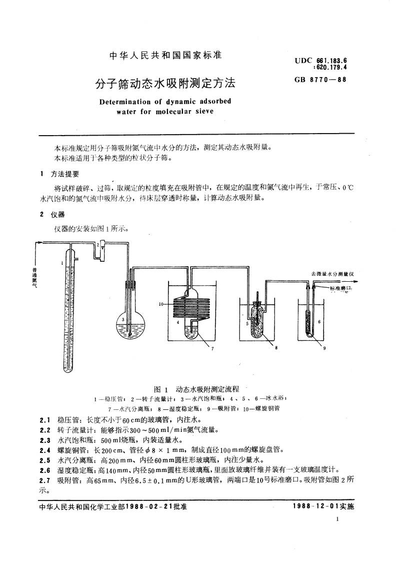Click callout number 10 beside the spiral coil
coord(161,304)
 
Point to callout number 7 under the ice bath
coord(211,348)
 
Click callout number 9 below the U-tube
coord(324,349)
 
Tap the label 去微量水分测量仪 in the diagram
coord(332,273)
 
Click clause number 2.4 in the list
coord(45,450)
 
